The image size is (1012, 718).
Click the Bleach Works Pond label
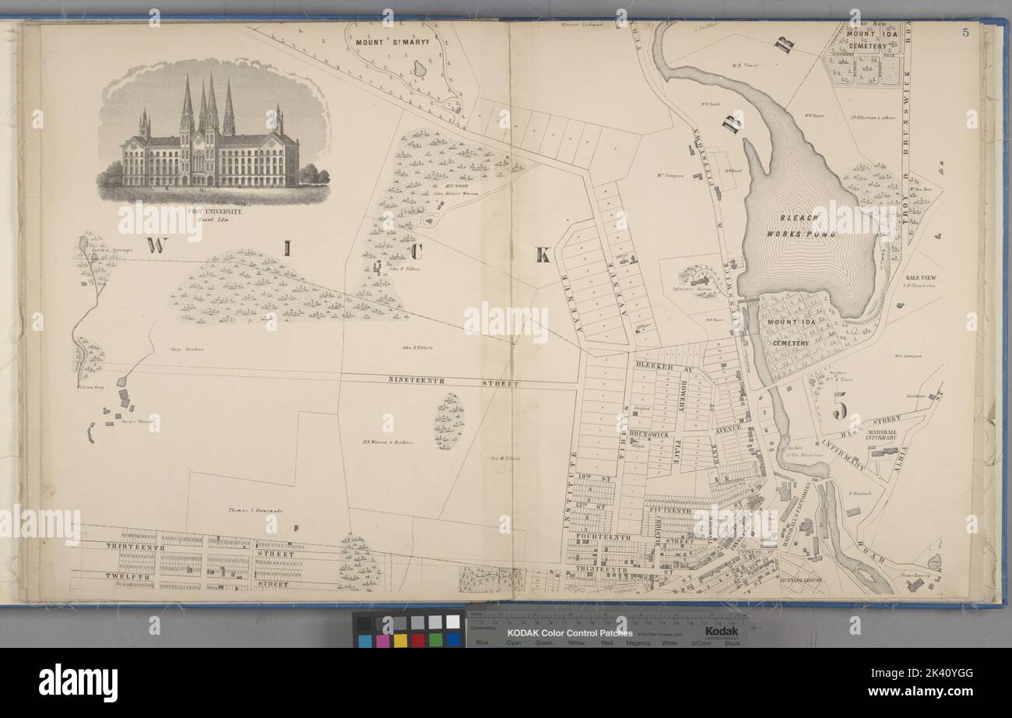800,227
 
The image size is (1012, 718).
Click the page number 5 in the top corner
965,32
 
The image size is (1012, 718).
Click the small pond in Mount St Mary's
420,69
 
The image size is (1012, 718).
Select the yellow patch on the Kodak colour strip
400,640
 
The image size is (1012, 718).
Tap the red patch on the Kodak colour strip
418,640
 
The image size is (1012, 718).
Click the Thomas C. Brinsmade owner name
255,510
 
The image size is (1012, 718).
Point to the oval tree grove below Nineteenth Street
448,421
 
